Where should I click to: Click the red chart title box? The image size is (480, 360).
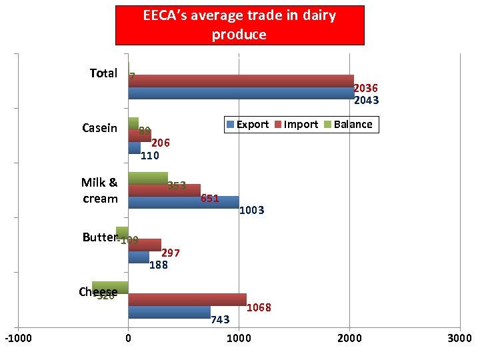[x=240, y=25]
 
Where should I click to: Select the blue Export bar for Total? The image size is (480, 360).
[x=241, y=93]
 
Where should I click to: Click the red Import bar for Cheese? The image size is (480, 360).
[x=187, y=299]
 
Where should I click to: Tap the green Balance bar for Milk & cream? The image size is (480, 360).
[x=147, y=178]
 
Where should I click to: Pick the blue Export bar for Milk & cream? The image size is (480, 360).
[x=183, y=202]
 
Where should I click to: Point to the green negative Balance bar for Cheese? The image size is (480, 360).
[x=110, y=287]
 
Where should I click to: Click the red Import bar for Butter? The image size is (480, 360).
[x=144, y=245]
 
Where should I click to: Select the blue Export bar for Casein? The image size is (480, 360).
[x=134, y=148]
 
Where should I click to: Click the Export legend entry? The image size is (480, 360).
[x=247, y=125]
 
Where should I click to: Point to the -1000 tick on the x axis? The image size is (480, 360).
[x=18, y=339]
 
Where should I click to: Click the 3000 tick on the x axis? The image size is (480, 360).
[x=460, y=339]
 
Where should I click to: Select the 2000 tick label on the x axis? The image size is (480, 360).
[x=349, y=339]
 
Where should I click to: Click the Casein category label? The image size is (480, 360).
[x=99, y=128]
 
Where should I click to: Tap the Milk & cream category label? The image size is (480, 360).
[x=99, y=191]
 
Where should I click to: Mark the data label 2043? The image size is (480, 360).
[x=366, y=101]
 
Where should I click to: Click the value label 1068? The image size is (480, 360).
[x=259, y=308]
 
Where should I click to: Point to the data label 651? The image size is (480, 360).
[x=209, y=199]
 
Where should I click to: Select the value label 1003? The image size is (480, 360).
[x=252, y=211]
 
